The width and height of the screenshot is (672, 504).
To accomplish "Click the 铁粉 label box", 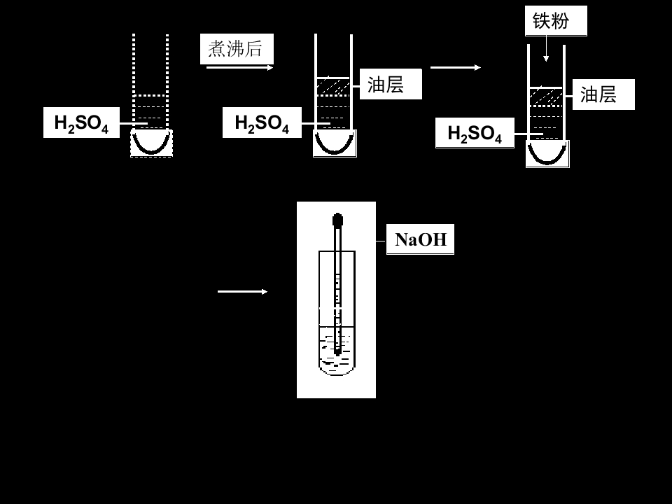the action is point(556,20).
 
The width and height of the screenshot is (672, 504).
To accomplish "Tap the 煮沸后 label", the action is point(237,48).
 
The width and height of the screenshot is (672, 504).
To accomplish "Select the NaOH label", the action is point(420,239).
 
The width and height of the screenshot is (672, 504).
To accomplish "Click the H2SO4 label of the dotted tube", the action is point(81,122).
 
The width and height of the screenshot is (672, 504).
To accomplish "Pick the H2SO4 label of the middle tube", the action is point(262,122).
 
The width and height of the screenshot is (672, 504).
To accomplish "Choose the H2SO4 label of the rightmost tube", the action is point(475,133).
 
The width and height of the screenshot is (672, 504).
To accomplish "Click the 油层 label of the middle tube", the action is point(391,84).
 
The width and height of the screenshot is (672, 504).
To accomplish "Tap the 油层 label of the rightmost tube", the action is point(603,94).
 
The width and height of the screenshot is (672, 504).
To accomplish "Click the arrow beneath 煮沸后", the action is point(239,68).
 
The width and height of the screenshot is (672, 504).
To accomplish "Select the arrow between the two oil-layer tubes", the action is point(456,67).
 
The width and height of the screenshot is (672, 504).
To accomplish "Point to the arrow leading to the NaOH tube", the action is point(243,291).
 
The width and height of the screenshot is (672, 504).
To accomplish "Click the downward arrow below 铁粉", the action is point(546,48).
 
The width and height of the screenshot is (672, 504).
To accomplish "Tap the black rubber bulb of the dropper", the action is point(337,220).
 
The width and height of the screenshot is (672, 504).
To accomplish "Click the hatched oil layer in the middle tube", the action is point(333,87).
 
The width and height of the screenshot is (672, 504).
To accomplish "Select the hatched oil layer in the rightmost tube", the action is point(546,97).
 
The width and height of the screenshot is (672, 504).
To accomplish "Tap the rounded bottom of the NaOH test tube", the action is point(337,373).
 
